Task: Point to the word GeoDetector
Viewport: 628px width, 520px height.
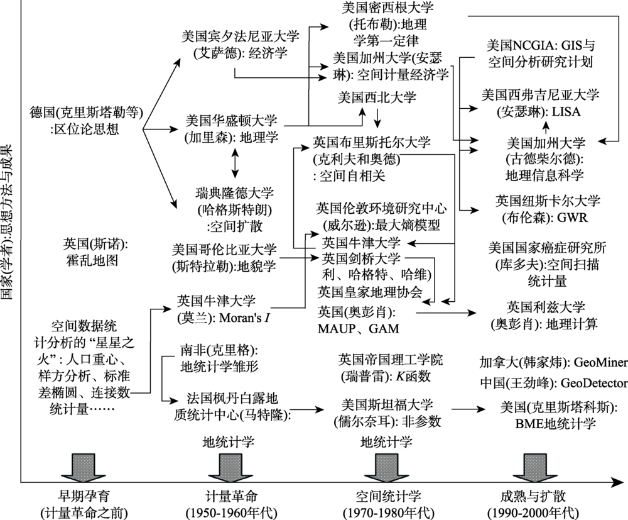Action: click(594, 383)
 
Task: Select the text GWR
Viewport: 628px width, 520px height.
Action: click(572, 218)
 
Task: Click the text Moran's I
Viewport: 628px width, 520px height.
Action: click(244, 318)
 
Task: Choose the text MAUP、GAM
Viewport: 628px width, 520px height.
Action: click(359, 328)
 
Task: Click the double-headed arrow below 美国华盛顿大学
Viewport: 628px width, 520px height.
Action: click(235, 163)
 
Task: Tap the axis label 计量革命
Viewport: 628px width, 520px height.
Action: click(232, 496)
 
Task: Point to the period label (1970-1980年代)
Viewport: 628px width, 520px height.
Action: click(389, 513)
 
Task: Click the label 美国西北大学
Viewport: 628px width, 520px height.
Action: click(377, 97)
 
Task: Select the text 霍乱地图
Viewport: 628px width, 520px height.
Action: click(92, 260)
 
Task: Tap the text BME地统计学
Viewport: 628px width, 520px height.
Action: click(556, 424)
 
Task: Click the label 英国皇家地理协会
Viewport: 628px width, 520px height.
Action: click(370, 292)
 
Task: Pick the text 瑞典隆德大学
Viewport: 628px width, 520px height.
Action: click(235, 193)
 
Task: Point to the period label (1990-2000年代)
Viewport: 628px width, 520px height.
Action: click(533, 513)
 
